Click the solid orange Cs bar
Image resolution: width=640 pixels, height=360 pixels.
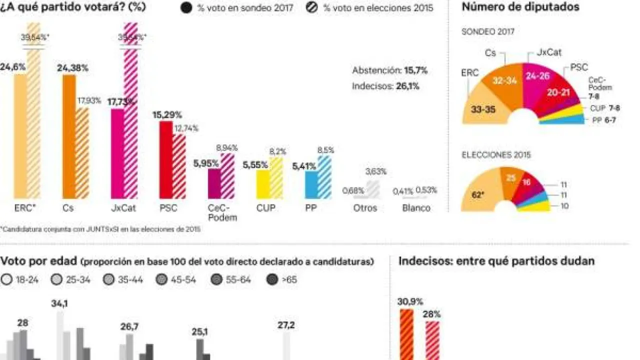click(69, 136)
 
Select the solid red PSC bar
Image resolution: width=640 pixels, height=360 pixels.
click(166, 159)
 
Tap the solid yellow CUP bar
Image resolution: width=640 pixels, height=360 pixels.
click(263, 183)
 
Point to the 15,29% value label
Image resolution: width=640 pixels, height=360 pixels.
click(167, 114)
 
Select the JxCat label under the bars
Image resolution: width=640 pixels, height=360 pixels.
click(121, 208)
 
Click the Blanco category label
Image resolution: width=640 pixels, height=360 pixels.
click(416, 208)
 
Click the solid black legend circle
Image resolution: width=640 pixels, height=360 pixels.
click(186, 8)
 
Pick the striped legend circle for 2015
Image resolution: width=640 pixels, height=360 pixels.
click(312, 8)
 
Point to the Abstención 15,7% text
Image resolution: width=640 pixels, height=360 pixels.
click(389, 70)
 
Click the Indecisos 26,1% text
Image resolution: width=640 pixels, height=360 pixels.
click(385, 86)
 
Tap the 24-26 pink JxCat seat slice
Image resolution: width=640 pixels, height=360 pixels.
click(539, 76)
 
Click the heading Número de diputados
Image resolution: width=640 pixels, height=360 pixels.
click(520, 7)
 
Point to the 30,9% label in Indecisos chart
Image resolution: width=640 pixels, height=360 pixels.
click(410, 302)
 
